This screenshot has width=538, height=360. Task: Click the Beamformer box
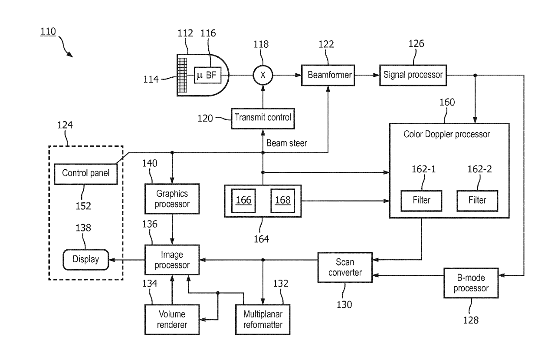point(328,75)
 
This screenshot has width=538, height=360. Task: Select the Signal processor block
point(413,75)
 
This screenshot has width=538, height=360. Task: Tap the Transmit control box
point(263,119)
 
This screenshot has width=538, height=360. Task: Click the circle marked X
point(263,75)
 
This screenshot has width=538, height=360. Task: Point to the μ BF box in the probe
point(207,75)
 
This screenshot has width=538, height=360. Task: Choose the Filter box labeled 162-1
point(421,201)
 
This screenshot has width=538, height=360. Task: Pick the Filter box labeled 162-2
point(477,201)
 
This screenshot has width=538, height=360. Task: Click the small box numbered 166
point(243,201)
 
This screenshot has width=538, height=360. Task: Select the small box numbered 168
point(283,201)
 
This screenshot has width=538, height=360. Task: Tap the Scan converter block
point(345,267)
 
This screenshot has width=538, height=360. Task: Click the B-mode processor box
point(471,283)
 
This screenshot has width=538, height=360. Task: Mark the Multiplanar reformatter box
point(263,319)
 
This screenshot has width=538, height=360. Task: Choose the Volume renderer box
point(172,319)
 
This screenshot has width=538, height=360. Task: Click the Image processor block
point(172,260)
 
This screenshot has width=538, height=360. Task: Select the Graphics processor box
point(172,199)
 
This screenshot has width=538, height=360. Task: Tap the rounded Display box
point(86,260)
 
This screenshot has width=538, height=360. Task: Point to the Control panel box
point(86,174)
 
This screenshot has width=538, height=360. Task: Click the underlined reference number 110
point(48,31)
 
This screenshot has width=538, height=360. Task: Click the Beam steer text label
point(286,143)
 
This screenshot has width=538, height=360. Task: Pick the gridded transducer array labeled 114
point(182,75)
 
